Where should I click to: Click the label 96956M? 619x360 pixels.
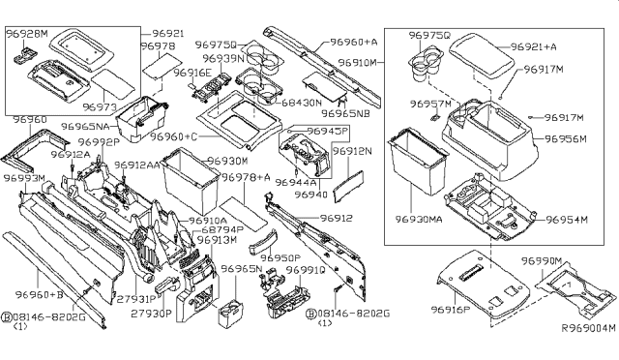click(569, 138)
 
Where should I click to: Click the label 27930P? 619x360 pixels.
click(152, 313)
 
